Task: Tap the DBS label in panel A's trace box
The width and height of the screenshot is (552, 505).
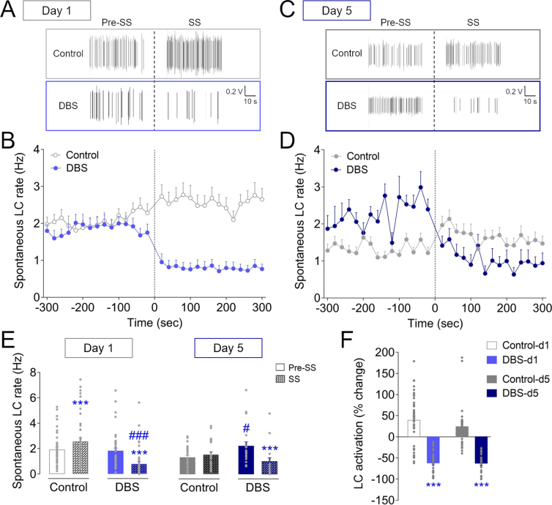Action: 68,105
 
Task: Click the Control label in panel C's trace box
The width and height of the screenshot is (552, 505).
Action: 347,53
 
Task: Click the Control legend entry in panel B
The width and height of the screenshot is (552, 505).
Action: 80,155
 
